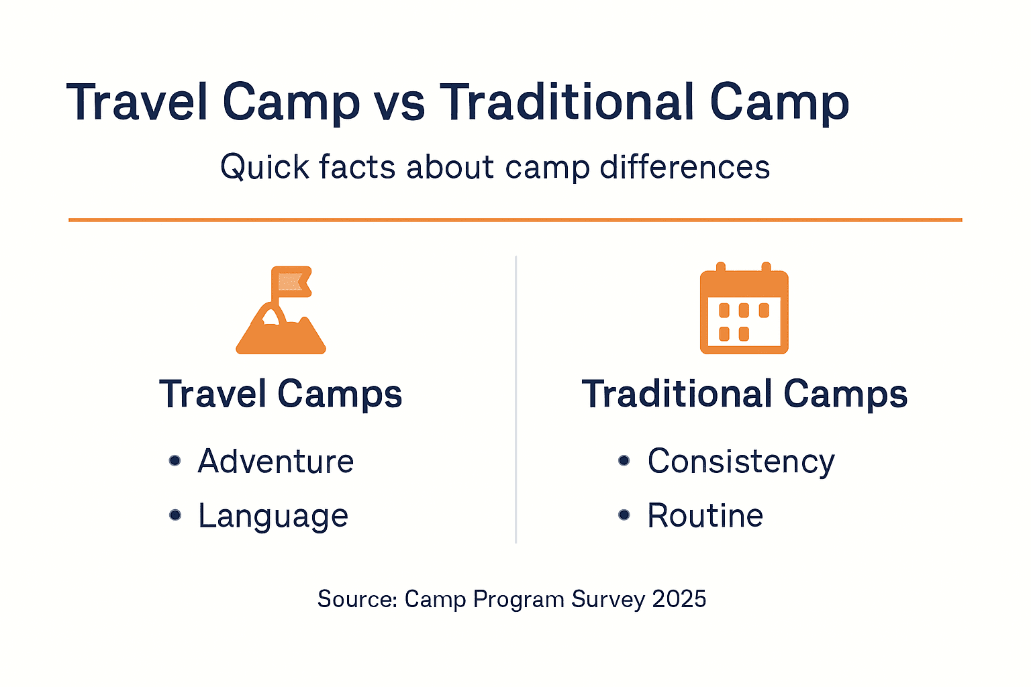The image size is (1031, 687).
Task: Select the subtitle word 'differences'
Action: click(685, 167)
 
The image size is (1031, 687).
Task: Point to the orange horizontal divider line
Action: click(515, 219)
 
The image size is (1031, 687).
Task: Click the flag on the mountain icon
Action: click(293, 282)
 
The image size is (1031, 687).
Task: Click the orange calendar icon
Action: click(744, 309)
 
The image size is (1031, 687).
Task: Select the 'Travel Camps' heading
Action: click(281, 394)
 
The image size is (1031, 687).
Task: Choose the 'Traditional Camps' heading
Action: click(744, 394)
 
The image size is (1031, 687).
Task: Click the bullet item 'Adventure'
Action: click(275, 462)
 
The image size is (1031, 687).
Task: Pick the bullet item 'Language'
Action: click(273, 516)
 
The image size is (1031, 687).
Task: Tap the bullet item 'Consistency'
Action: click(740, 462)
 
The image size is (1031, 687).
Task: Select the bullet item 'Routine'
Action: click(705, 516)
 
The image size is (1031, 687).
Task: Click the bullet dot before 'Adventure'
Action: click(175, 460)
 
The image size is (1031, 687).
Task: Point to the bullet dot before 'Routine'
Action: click(624, 515)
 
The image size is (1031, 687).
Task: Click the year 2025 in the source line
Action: click(679, 599)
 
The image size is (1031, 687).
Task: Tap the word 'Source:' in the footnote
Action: click(357, 599)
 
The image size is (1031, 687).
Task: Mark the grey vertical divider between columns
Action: click(515, 399)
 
